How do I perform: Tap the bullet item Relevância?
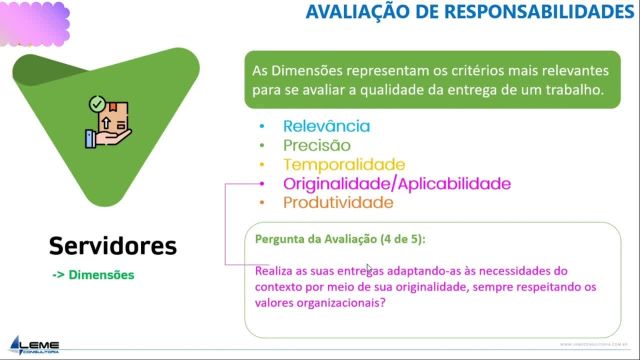pyautogui.click(x=327, y=126)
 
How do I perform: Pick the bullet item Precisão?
pyautogui.click(x=317, y=145)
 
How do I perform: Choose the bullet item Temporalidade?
pyautogui.click(x=344, y=164)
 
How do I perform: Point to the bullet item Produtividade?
pyautogui.click(x=338, y=203)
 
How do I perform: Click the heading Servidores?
pyautogui.click(x=113, y=245)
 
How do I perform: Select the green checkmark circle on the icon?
pyautogui.click(x=96, y=103)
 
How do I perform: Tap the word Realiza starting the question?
pyautogui.click(x=279, y=270)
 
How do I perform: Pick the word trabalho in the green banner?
pyautogui.click(x=572, y=90)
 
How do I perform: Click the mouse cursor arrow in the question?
pyautogui.click(x=369, y=268)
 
